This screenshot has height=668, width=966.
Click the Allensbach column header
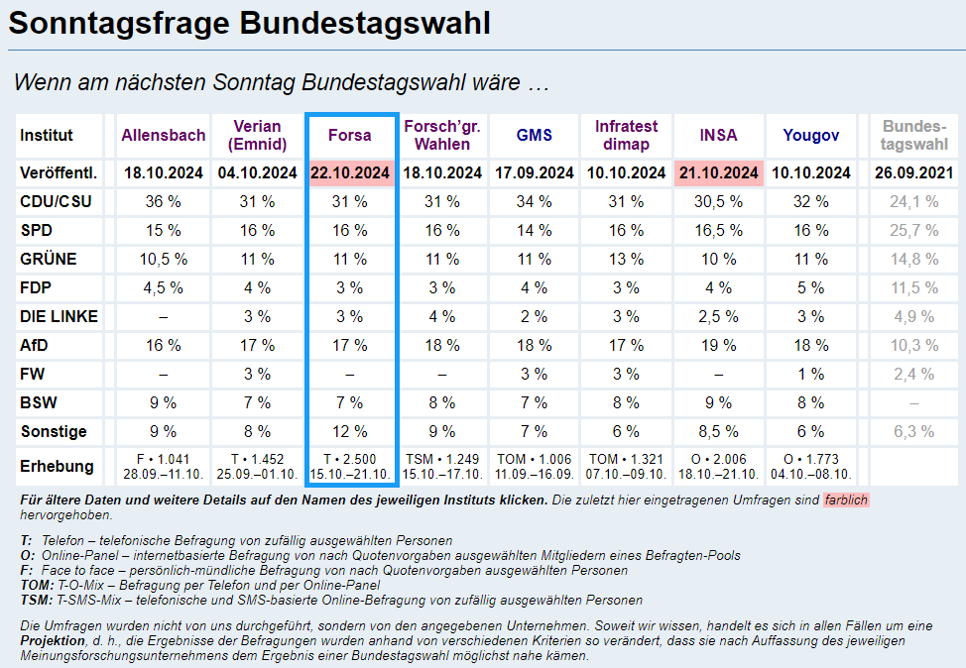tap(164, 136)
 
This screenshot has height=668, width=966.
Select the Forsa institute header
tap(351, 136)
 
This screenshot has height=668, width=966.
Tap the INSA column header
tap(718, 136)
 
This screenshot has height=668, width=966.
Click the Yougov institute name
tap(810, 136)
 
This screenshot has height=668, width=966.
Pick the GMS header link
tap(534, 136)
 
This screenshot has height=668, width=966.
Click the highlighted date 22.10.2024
tap(351, 173)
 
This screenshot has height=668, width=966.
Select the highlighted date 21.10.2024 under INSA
tap(718, 173)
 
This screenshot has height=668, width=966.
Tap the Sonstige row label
tap(54, 432)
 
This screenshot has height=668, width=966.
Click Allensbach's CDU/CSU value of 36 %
tap(164, 202)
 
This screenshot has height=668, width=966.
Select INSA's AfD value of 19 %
tap(718, 346)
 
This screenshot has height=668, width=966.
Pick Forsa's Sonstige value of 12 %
tap(351, 432)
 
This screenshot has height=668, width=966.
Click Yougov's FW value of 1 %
tap(810, 375)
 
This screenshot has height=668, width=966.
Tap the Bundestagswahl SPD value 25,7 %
tap(914, 231)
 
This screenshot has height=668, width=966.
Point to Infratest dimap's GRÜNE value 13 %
tap(626, 260)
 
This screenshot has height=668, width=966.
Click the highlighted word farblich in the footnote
tap(846, 501)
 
